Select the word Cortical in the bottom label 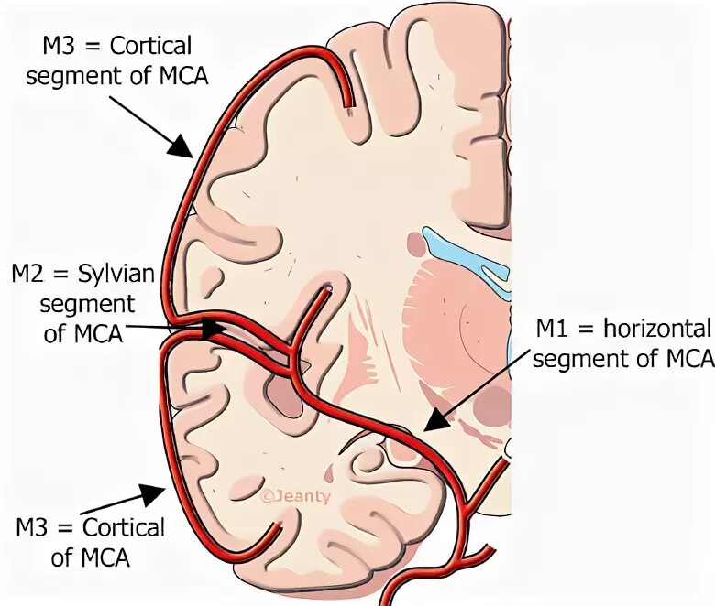[124, 528]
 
